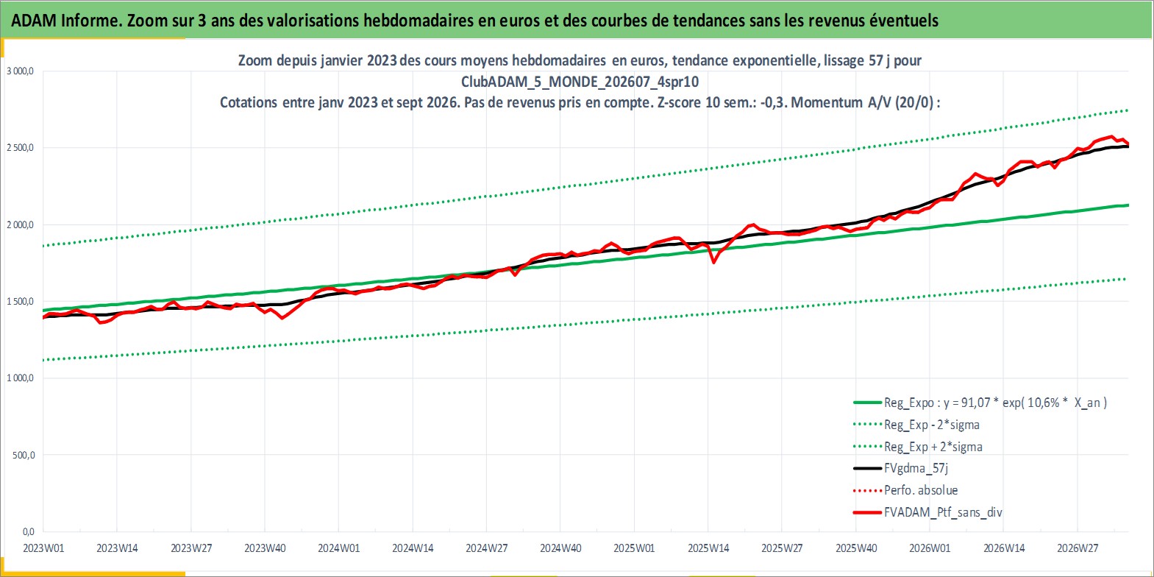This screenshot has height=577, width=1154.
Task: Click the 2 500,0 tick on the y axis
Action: click(x=20, y=148)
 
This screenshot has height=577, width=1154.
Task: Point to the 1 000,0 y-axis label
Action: click(x=20, y=378)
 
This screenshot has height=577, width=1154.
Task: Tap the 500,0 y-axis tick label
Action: click(x=24, y=456)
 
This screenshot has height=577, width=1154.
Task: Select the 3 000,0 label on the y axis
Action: click(x=20, y=71)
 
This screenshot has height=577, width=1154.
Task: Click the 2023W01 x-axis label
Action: click(x=43, y=548)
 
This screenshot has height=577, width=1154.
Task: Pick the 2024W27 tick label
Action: click(x=487, y=548)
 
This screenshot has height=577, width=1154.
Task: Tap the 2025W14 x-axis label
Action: click(x=708, y=548)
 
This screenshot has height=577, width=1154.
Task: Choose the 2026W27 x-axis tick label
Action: click(x=1078, y=548)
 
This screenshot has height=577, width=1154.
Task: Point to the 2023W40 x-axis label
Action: click(x=265, y=548)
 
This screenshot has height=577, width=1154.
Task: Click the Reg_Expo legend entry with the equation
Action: click(x=980, y=403)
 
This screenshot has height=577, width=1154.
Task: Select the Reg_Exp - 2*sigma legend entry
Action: click(x=916, y=425)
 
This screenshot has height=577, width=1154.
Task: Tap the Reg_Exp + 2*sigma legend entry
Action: click(x=918, y=447)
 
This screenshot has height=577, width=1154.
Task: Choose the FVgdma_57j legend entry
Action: click(x=900, y=468)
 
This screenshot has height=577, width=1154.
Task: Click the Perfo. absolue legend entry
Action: click(x=905, y=490)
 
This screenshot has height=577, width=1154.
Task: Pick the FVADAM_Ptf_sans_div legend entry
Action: click(x=928, y=512)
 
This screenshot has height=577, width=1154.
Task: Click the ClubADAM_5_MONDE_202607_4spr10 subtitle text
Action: click(x=580, y=82)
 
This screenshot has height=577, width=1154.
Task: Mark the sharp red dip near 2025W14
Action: click(x=713, y=262)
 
